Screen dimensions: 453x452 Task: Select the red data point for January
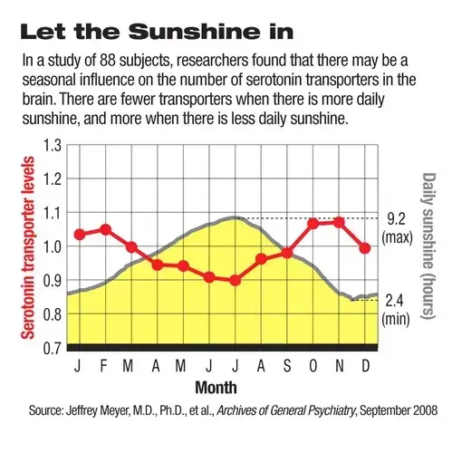pyautogui.click(x=80, y=234)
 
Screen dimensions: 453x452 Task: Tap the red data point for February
pyautogui.click(x=105, y=229)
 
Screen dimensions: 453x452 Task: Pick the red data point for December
pyautogui.click(x=365, y=247)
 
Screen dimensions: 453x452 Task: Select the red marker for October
pyautogui.click(x=313, y=223)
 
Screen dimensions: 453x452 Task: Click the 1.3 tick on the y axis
pyautogui.click(x=53, y=146)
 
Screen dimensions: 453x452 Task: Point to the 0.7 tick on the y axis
pyautogui.click(x=53, y=347)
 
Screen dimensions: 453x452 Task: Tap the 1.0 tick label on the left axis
pyautogui.click(x=53, y=246)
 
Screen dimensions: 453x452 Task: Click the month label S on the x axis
pyautogui.click(x=287, y=369)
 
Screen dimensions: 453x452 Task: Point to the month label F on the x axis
pyautogui.click(x=105, y=369)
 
